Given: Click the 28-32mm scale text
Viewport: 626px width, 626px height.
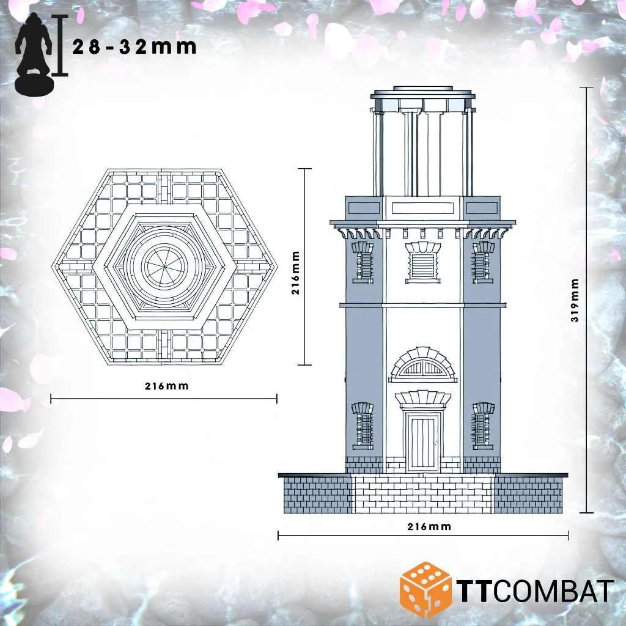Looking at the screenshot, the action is tap(134, 47).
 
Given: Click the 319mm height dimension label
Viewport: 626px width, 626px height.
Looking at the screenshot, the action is tap(575, 300).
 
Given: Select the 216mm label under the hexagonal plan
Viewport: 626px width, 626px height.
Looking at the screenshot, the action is tap(166, 386).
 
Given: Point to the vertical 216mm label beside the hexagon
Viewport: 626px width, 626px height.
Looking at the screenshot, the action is tap(295, 273).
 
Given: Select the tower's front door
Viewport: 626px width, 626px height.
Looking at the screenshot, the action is tap(423, 441).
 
